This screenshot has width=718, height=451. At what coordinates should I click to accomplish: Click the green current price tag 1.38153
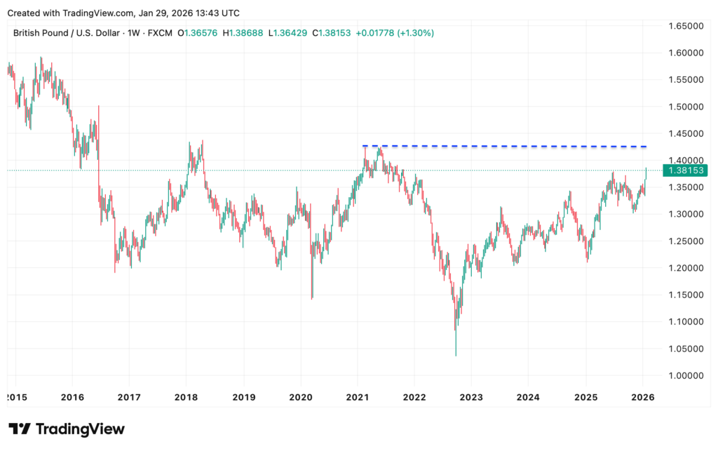pyautogui.click(x=686, y=170)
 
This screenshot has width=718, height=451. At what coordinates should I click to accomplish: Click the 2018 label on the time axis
pyautogui.click(x=186, y=397)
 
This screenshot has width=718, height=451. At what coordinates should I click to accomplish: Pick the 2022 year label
pyautogui.click(x=414, y=397)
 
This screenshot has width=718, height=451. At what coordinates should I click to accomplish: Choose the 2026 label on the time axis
pyautogui.click(x=643, y=397)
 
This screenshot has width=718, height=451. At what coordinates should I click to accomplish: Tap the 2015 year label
pyautogui.click(x=15, y=397)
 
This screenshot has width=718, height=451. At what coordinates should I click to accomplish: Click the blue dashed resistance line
pyautogui.click(x=505, y=146)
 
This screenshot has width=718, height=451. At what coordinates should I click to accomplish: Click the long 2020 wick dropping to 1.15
pyautogui.click(x=312, y=291)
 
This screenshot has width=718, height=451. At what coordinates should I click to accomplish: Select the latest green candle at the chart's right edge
pyautogui.click(x=646, y=174)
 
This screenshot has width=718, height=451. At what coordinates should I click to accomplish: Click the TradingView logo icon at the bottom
pyautogui.click(x=19, y=429)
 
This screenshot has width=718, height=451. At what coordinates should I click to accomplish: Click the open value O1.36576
pyautogui.click(x=198, y=33)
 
